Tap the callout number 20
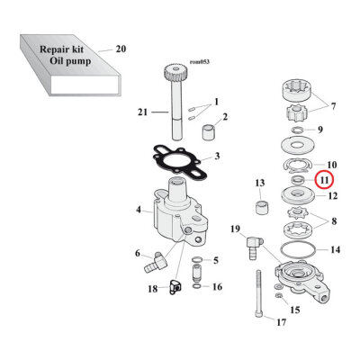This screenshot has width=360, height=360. (121, 49)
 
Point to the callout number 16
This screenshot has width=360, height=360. (216, 287)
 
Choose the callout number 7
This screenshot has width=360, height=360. (335, 107)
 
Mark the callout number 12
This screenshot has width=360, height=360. (332, 195)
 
